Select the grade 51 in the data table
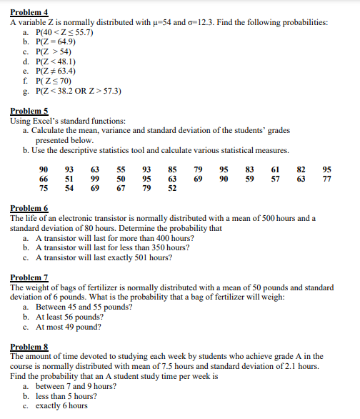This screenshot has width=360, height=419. (69, 177)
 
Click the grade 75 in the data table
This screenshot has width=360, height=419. (44, 187)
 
